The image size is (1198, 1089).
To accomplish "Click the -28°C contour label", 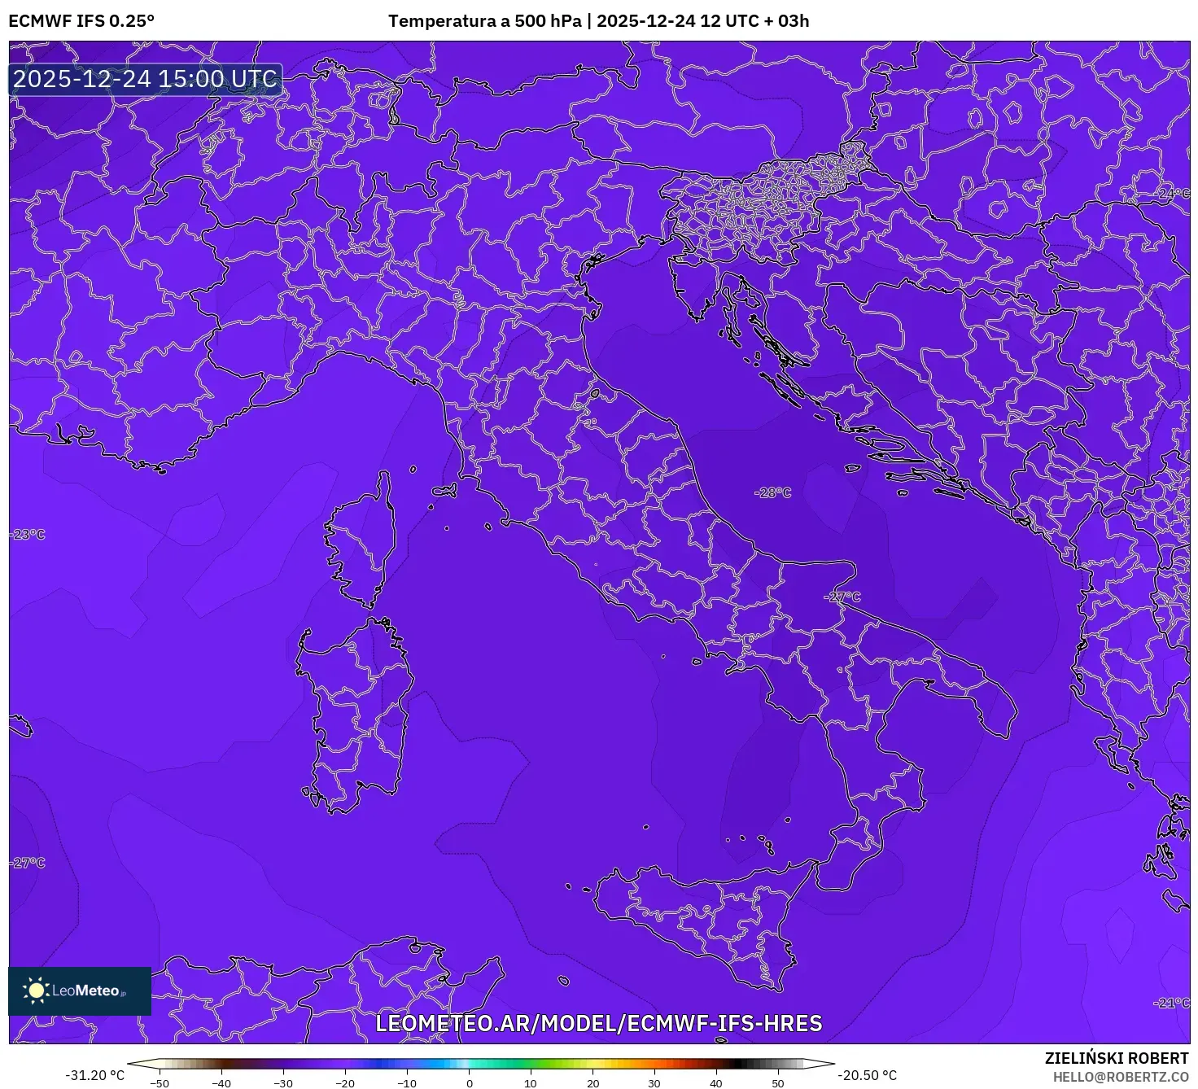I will pyautogui.click(x=772, y=492).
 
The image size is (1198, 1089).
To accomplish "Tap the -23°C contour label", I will pyautogui.click(x=28, y=535).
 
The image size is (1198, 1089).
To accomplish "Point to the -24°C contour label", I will pyautogui.click(x=1173, y=194).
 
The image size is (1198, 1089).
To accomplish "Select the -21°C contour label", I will pyautogui.click(x=1171, y=1003).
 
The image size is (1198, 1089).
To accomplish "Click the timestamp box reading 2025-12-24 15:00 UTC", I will pyautogui.click(x=146, y=79).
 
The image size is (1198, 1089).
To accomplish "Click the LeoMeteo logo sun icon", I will pyautogui.click(x=37, y=990).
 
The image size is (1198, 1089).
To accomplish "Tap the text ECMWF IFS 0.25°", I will pyautogui.click(x=81, y=21).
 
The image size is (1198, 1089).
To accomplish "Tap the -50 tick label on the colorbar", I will pyautogui.click(x=160, y=1083).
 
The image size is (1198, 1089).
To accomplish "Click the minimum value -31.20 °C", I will pyautogui.click(x=95, y=1075).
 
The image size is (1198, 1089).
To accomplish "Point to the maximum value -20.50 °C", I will pyautogui.click(x=868, y=1075).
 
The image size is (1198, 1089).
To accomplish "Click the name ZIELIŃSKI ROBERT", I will pyautogui.click(x=1117, y=1058).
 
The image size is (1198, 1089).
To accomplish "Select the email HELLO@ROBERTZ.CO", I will pyautogui.click(x=1121, y=1077).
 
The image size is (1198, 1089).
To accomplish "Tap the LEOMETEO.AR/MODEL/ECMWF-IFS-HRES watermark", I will pyautogui.click(x=598, y=1023).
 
